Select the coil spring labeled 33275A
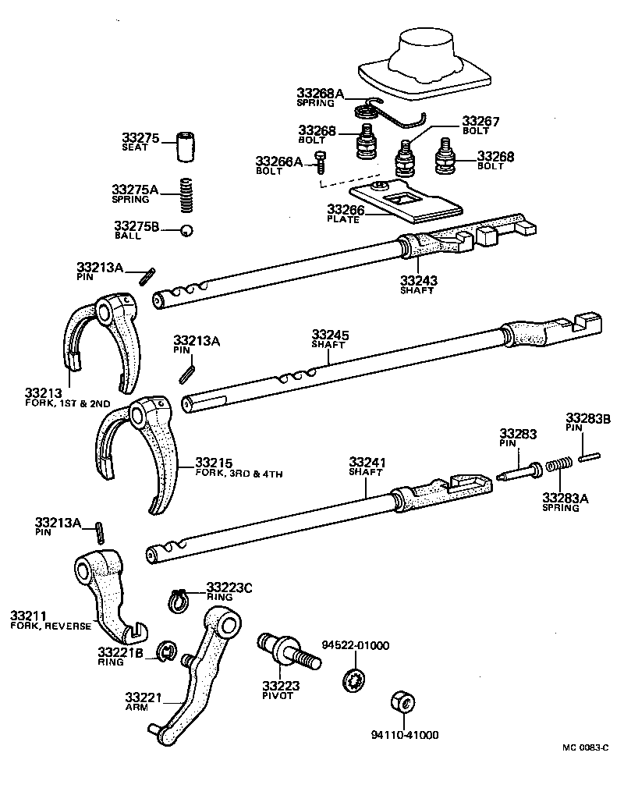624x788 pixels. (186, 194)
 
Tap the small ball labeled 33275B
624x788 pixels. (186, 229)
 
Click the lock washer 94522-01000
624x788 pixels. (353, 677)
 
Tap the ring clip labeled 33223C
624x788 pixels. (179, 600)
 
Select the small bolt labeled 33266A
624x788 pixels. (321, 161)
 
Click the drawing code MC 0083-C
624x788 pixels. (585, 747)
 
